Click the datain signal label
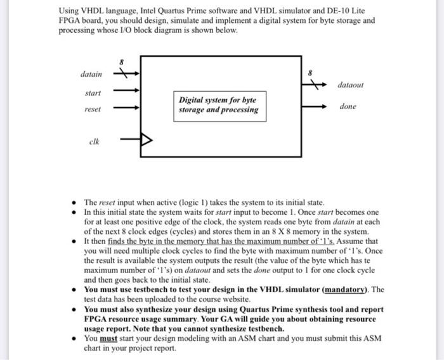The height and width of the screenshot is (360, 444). [91, 74]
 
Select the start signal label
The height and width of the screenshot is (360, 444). [93, 93]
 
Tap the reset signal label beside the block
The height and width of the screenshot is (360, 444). [93, 109]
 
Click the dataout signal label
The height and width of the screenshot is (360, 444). [351, 84]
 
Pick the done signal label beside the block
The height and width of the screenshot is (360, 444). [348, 106]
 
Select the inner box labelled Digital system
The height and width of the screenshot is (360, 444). [218, 105]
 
